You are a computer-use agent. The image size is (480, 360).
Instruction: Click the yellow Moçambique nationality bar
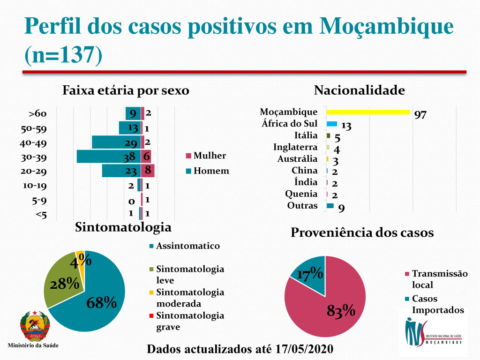pos(368,112)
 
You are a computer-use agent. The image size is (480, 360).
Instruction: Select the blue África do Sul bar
pos(332,124)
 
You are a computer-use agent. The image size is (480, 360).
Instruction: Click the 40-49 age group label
pos(35,143)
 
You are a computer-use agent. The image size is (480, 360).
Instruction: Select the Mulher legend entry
pos(209,156)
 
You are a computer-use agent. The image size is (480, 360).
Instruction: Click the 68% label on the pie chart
pos(101,303)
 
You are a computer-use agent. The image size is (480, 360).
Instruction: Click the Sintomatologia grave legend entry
pos(190,321)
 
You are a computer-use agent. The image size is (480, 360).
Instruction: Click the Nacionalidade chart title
pos(359,90)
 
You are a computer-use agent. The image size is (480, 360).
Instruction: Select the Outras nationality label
pos(302,205)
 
